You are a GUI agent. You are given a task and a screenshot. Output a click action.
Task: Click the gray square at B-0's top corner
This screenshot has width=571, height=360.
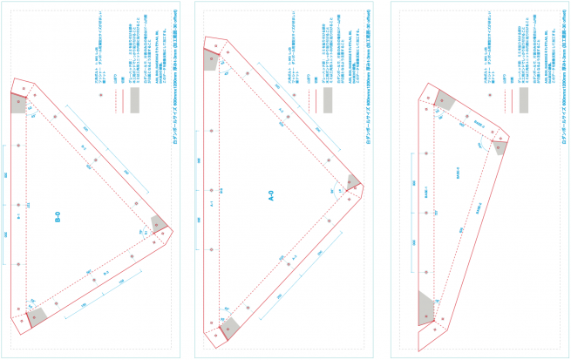(18, 102)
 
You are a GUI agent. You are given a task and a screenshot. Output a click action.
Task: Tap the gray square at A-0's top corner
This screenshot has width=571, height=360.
(210, 58)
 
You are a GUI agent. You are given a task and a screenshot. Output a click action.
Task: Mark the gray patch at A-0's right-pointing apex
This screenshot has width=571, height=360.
(352, 182)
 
